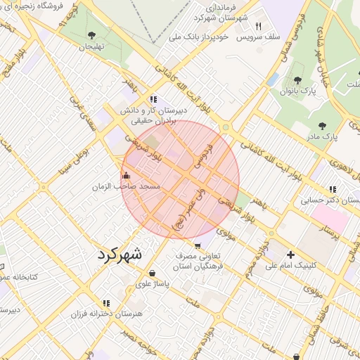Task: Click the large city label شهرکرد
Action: pyautogui.click(x=120, y=254)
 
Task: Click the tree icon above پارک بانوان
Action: pyautogui.click(x=298, y=81)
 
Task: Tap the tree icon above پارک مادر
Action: pyautogui.click(x=322, y=126)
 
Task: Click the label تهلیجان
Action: pyautogui.click(x=91, y=46)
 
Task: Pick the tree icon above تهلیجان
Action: pyautogui.click(x=91, y=35)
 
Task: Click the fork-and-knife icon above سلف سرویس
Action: pyautogui.click(x=259, y=26)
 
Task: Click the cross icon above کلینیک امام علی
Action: pyautogui.click(x=290, y=255)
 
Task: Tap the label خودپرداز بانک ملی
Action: pyautogui.click(x=199, y=36)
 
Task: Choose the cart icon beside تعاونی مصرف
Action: pyautogui.click(x=198, y=246)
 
